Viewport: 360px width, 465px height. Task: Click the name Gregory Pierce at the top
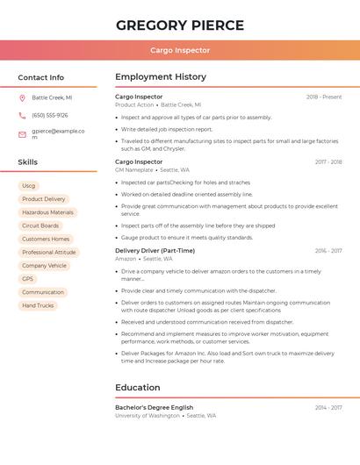click(x=180, y=25)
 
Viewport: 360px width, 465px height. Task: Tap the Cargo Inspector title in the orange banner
click(x=180, y=50)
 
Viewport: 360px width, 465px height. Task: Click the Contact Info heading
click(x=41, y=77)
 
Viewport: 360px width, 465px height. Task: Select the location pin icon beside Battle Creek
click(x=22, y=98)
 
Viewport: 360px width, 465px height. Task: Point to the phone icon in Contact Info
click(x=22, y=115)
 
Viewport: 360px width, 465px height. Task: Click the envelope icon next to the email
click(x=22, y=134)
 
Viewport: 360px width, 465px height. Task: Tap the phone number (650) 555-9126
click(x=50, y=115)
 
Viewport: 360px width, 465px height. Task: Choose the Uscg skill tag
click(x=29, y=186)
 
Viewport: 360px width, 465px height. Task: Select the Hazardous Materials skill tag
click(x=47, y=212)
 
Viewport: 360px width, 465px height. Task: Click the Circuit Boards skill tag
click(x=40, y=225)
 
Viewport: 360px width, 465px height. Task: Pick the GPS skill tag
click(x=28, y=279)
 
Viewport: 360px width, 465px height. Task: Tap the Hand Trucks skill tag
click(x=38, y=305)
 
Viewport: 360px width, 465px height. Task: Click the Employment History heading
click(x=161, y=77)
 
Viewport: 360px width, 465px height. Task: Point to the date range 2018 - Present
click(x=324, y=97)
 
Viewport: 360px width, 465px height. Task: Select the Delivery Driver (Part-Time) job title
click(x=155, y=250)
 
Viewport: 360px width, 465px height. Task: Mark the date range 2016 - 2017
click(x=328, y=251)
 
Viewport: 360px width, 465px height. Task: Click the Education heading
click(x=138, y=387)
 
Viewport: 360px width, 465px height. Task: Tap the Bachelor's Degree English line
click(x=155, y=407)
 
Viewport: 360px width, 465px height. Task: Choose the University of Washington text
click(x=147, y=416)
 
